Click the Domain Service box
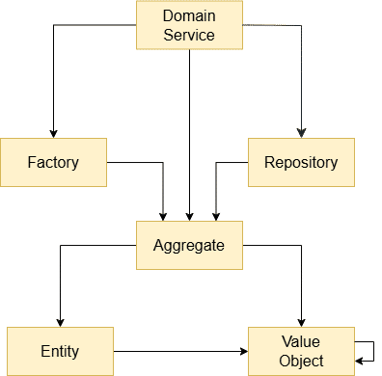pyautogui.click(x=189, y=26)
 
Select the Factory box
pyautogui.click(x=53, y=162)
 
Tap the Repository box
pyautogui.click(x=301, y=162)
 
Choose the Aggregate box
pyautogui.click(x=189, y=245)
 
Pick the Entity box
pyautogui.click(x=60, y=351)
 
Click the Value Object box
pyautogui.click(x=301, y=351)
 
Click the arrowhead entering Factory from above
pyautogui.click(x=53, y=133)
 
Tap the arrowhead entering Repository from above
pyautogui.click(x=302, y=133)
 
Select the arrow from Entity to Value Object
pyautogui.click(x=178, y=351)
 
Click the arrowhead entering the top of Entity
pyautogui.click(x=60, y=322)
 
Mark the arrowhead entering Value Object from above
pyautogui.click(x=302, y=322)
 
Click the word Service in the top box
pyautogui.click(x=189, y=36)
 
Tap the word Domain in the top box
pyautogui.click(x=189, y=17)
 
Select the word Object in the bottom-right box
pyautogui.click(x=301, y=361)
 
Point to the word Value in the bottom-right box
pyautogui.click(x=301, y=342)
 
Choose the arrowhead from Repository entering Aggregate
pyautogui.click(x=214, y=216)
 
